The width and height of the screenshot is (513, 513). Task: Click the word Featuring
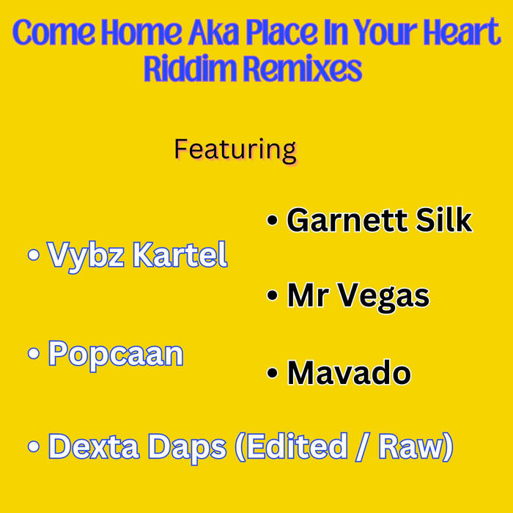[x=235, y=150]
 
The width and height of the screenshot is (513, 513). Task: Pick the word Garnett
[x=347, y=220]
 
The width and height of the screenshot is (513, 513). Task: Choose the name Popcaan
[x=116, y=354]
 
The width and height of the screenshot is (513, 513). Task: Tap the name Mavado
[x=349, y=373]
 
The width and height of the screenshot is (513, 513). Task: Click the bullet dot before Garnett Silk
[x=273, y=221]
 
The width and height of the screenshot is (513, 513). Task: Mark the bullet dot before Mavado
[x=273, y=374]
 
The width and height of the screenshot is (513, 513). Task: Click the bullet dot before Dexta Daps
[x=33, y=448]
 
